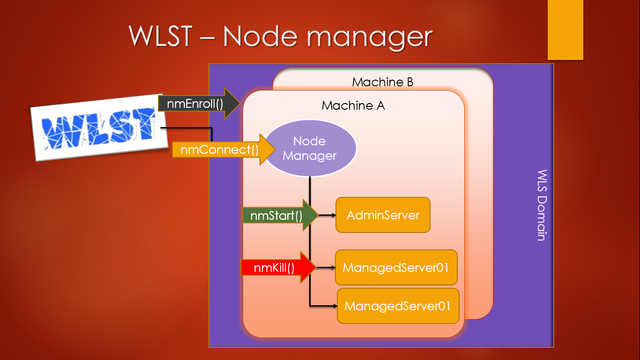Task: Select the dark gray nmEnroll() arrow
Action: (197, 103)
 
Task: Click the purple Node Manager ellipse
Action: (310, 148)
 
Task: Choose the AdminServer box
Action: (383, 215)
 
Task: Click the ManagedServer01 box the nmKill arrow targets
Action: (396, 268)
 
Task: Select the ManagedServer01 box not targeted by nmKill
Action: (398, 306)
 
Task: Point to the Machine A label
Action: (353, 106)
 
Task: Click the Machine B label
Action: (382, 82)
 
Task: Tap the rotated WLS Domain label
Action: (541, 205)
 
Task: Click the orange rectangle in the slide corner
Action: (566, 30)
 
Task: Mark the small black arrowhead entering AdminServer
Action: (333, 215)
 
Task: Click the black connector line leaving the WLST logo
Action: (187, 127)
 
